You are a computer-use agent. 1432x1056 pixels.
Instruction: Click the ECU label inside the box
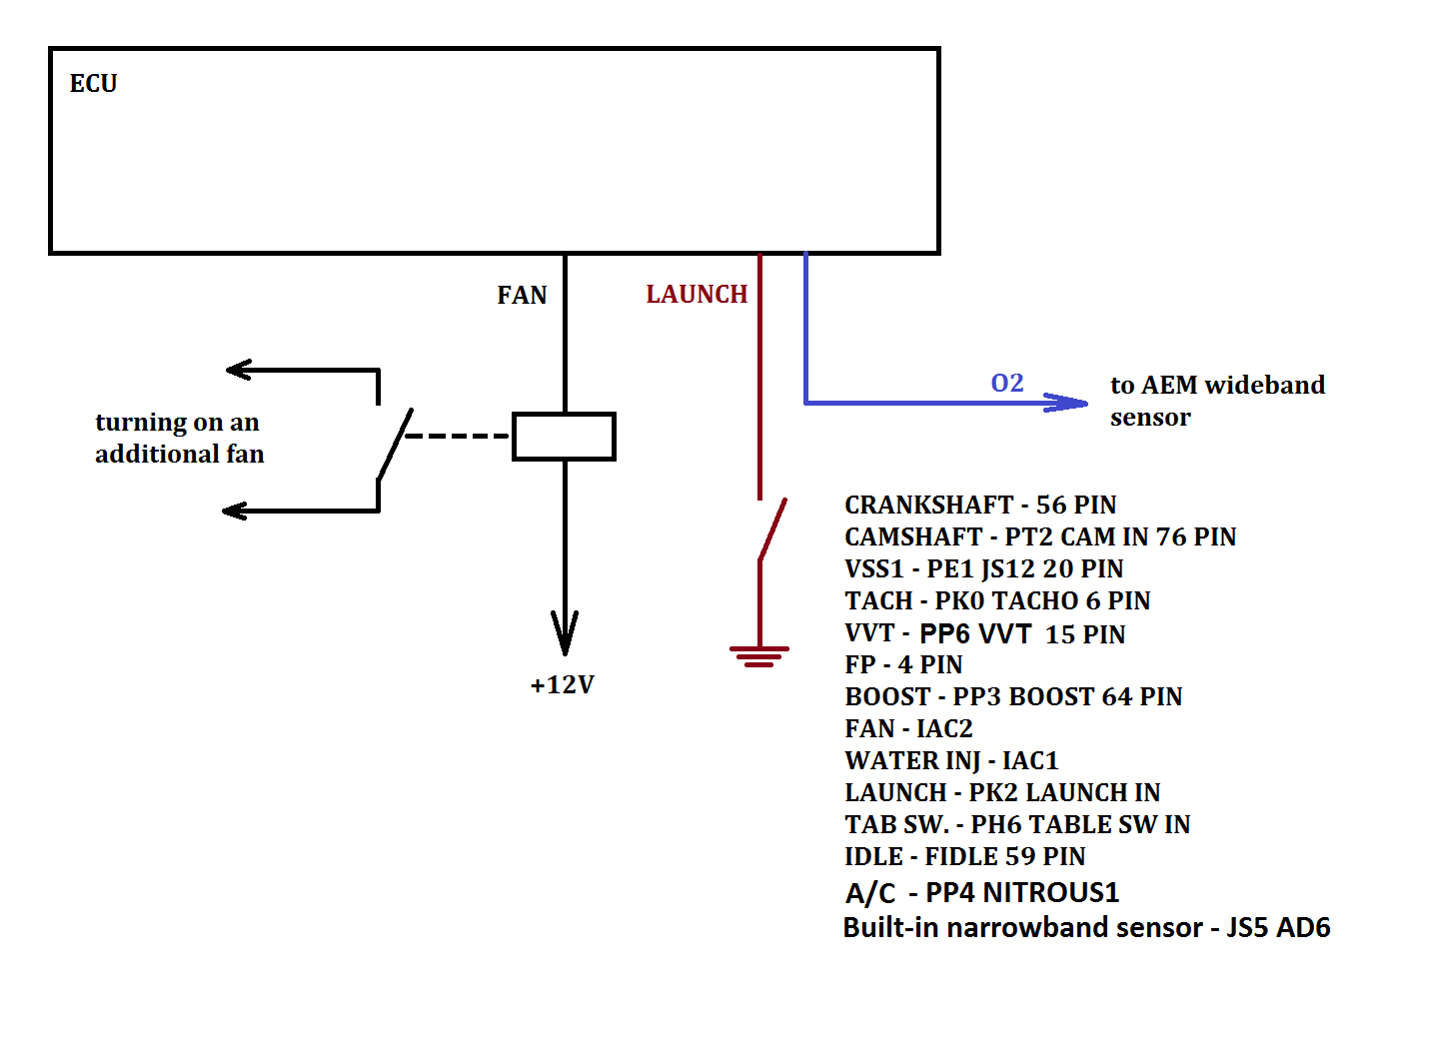[x=93, y=84]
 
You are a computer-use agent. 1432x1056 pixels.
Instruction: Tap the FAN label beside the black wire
[x=522, y=296]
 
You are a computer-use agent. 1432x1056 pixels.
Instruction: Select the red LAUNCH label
[x=697, y=295]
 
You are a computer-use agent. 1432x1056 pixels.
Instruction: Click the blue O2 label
[x=1006, y=384]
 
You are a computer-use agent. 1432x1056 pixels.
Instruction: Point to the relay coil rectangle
[x=564, y=437]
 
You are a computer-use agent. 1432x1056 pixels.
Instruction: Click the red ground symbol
[x=759, y=656]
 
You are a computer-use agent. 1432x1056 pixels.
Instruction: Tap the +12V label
[x=563, y=685]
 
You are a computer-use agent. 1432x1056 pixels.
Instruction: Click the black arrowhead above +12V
[x=565, y=633]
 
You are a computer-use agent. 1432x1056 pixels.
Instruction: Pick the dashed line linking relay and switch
[x=458, y=437]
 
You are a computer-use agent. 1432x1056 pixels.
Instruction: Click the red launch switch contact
[x=772, y=529]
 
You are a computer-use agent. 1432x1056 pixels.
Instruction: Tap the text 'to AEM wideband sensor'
[x=1216, y=401]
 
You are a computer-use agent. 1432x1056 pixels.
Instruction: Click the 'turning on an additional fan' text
[x=179, y=438]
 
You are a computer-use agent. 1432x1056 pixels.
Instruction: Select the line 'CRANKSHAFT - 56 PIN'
[x=980, y=506]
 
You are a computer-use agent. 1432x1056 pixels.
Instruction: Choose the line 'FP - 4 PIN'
[x=903, y=665]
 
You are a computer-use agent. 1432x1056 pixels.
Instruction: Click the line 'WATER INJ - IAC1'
[x=951, y=761]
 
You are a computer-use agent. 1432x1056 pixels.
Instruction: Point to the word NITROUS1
[x=1051, y=892]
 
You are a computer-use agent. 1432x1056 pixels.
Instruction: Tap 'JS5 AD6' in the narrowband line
[x=1278, y=928]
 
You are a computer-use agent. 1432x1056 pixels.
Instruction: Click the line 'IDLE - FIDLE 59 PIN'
[x=964, y=857]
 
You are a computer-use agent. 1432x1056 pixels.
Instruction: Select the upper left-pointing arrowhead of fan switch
[x=239, y=371]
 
